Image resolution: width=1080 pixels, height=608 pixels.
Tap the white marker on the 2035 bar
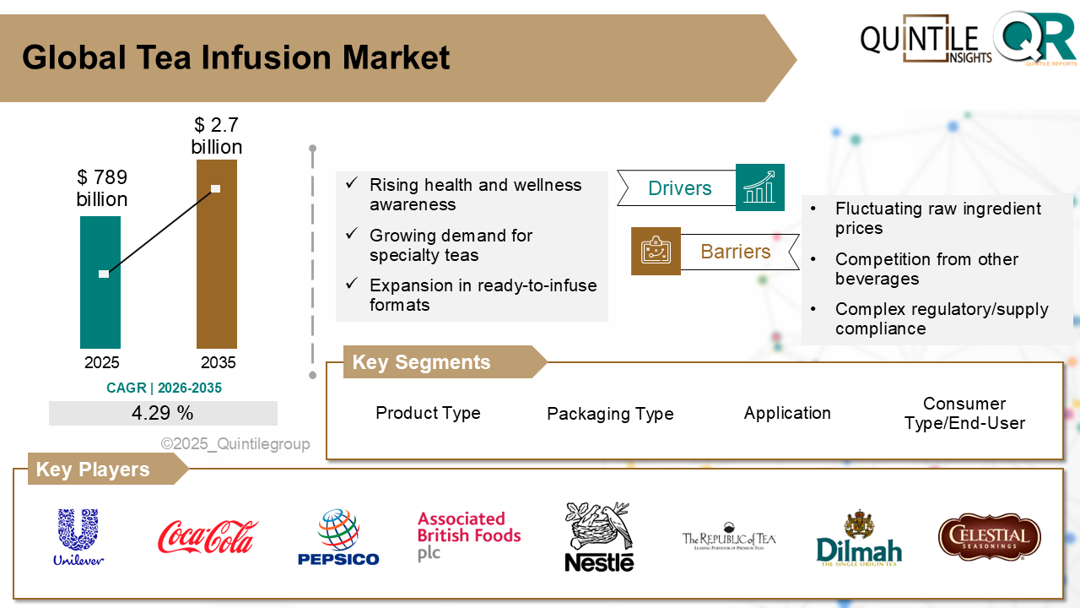click(x=215, y=188)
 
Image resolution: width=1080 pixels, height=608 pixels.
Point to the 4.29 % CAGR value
click(x=163, y=413)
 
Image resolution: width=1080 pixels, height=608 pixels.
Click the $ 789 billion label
click(x=102, y=188)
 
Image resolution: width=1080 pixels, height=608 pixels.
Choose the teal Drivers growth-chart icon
click(x=759, y=187)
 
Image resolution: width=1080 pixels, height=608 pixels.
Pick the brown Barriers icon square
click(x=656, y=252)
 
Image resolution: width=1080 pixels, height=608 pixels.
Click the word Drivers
click(x=679, y=188)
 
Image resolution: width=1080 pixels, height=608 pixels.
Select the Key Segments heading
click(x=421, y=362)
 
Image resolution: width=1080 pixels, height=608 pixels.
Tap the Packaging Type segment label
click(x=610, y=414)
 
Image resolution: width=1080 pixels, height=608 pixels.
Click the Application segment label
click(x=787, y=413)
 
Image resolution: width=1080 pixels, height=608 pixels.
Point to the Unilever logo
click(x=78, y=537)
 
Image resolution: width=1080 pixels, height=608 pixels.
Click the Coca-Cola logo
click(x=208, y=537)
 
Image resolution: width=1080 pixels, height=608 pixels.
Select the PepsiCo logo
click(x=338, y=537)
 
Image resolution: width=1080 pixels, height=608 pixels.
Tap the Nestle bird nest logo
click(x=599, y=537)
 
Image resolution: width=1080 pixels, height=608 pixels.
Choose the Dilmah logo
click(x=859, y=539)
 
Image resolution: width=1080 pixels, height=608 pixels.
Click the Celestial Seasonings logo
click(x=989, y=538)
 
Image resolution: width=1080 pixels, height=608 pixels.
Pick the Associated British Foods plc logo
click(x=468, y=535)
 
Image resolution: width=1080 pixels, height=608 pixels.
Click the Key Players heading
click(x=93, y=470)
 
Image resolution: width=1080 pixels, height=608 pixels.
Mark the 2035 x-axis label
click(x=218, y=363)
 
